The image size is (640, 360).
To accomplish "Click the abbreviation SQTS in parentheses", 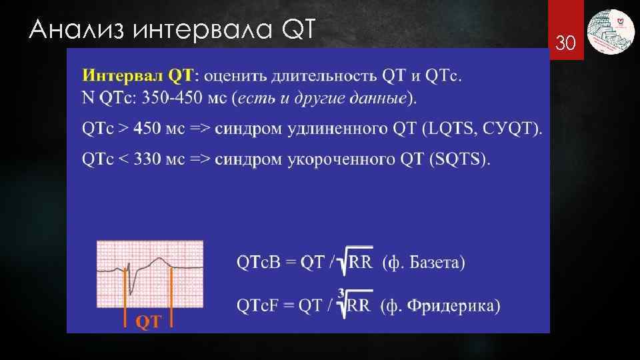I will click(x=460, y=159).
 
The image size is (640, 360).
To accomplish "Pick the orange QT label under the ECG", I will click(x=149, y=322).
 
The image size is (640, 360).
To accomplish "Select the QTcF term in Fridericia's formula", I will click(x=259, y=306).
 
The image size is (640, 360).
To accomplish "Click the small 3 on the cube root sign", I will click(x=341, y=293).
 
